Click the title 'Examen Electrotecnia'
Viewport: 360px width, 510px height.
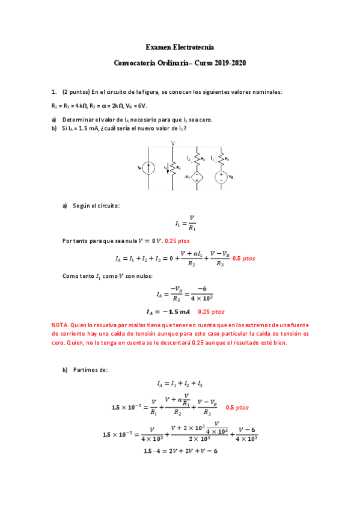click(x=180, y=47)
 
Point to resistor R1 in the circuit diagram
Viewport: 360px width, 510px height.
click(x=173, y=168)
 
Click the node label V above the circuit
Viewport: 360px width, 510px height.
click(x=173, y=143)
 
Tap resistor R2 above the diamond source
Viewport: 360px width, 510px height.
click(x=198, y=159)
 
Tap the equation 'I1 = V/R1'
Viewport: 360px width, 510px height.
click(x=185, y=223)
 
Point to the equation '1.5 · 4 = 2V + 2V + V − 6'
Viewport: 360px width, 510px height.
click(x=180, y=451)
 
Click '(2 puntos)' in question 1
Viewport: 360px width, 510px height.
click(x=76, y=92)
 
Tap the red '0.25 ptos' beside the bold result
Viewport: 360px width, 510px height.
click(x=211, y=312)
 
